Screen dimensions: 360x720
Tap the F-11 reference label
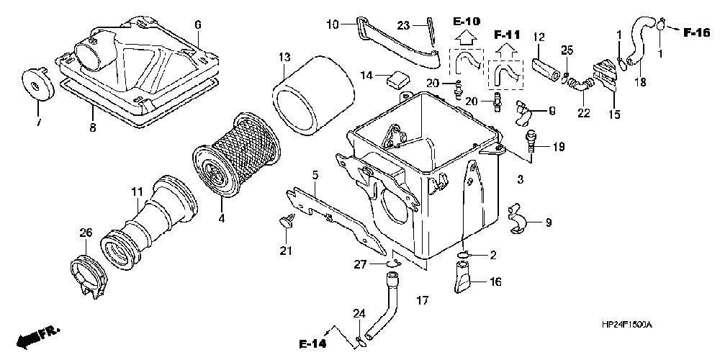pyautogui.click(x=508, y=35)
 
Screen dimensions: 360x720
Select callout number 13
pyautogui.click(x=284, y=57)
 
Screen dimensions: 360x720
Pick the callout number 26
pyautogui.click(x=86, y=232)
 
